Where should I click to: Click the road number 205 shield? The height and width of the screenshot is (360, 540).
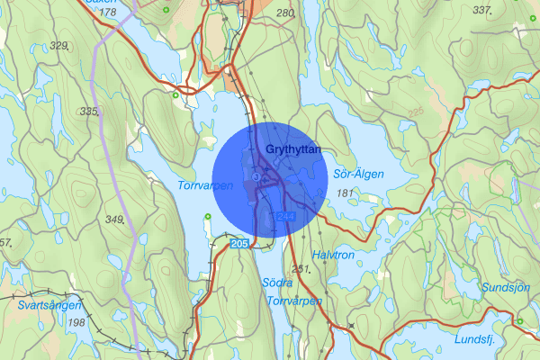pyautogui.click(x=238, y=244)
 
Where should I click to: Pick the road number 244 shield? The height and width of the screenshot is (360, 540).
pyautogui.click(x=286, y=217)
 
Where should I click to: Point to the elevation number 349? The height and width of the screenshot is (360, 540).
pyautogui.click(x=114, y=220)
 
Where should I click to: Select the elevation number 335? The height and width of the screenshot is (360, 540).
pyautogui.click(x=88, y=112)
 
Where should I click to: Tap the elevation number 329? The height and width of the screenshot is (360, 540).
pyautogui.click(x=60, y=45)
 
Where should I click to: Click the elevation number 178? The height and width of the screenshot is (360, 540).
pyautogui.click(x=108, y=13)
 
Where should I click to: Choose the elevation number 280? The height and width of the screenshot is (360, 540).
pyautogui.click(x=286, y=13)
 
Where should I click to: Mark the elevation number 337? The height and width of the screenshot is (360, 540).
pyautogui.click(x=482, y=10)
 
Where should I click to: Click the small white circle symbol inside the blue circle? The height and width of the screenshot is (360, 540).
pyautogui.click(x=257, y=177)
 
